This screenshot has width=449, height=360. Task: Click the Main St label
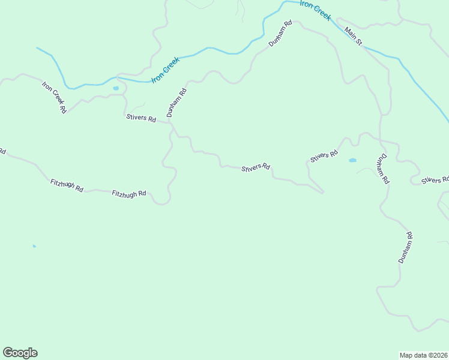tap(354, 36)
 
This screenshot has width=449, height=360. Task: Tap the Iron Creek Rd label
tap(53, 97)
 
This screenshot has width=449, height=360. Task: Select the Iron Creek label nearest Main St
tap(315, 10)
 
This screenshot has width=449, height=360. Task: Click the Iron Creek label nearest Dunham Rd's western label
tap(166, 70)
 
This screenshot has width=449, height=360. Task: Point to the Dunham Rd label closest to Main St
tap(280, 34)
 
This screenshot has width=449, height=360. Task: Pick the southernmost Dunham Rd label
tap(406, 248)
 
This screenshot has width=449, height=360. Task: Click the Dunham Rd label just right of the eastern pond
tap(382, 169)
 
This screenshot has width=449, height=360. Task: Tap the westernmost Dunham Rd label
tap(177, 103)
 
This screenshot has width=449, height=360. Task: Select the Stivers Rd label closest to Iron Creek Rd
tap(141, 118)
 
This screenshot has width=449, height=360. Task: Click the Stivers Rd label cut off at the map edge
tap(435, 180)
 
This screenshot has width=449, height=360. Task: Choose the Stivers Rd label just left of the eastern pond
tap(324, 156)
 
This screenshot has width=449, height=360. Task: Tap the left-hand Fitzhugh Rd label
tap(67, 185)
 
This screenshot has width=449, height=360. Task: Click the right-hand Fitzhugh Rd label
tap(129, 194)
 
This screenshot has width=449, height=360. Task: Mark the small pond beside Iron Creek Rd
tap(116, 88)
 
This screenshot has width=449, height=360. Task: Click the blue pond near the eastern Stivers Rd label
tap(352, 160)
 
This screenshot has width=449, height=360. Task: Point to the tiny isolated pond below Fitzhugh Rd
tap(34, 246)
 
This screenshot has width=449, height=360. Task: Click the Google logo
tap(20, 353)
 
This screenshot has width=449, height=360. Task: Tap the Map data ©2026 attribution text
tap(423, 355)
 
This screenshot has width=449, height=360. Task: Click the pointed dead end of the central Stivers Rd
tap(324, 193)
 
